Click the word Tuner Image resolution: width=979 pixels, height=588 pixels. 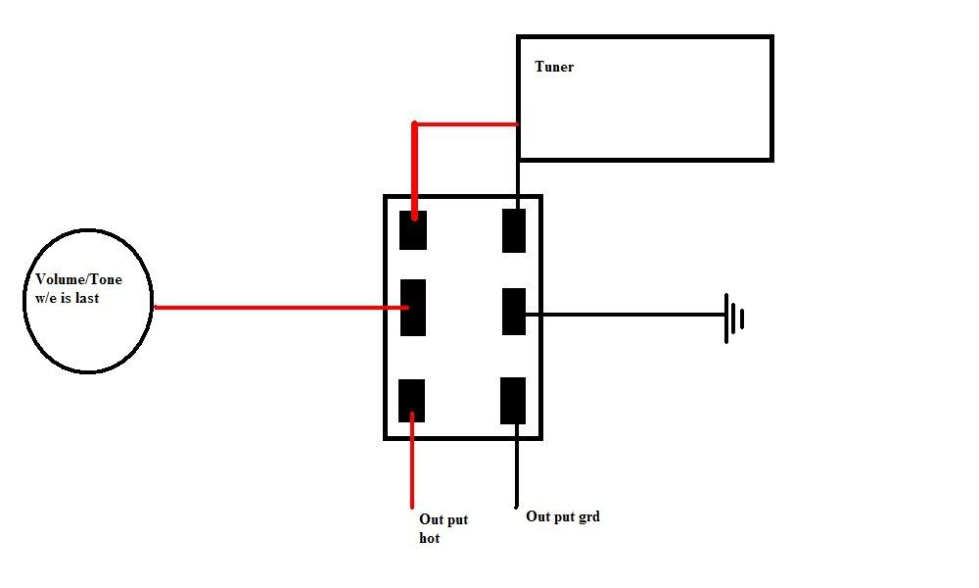(x=554, y=67)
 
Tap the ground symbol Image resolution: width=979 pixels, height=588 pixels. (x=733, y=318)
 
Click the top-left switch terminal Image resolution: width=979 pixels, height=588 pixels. (x=413, y=230)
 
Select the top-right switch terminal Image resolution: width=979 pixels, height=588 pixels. (x=514, y=230)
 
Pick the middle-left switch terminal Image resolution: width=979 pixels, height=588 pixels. (x=413, y=308)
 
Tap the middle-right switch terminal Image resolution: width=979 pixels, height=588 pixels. (x=514, y=312)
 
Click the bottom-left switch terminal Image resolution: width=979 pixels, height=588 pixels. (x=411, y=401)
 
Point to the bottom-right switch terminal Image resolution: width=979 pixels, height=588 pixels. (x=513, y=401)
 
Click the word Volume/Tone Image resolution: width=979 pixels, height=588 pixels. (x=78, y=280)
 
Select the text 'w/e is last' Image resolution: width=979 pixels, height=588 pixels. (x=68, y=298)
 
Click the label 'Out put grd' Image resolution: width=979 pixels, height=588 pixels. (x=563, y=516)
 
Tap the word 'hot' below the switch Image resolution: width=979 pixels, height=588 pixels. (x=430, y=538)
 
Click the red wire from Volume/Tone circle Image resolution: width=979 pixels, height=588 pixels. (x=281, y=308)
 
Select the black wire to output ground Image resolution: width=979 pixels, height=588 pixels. (x=516, y=465)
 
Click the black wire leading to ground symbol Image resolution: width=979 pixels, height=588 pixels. (x=625, y=315)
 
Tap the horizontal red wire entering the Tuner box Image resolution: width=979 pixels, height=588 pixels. (x=466, y=124)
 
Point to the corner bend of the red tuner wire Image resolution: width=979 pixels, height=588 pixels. (x=414, y=124)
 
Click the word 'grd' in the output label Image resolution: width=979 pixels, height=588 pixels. (x=588, y=517)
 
